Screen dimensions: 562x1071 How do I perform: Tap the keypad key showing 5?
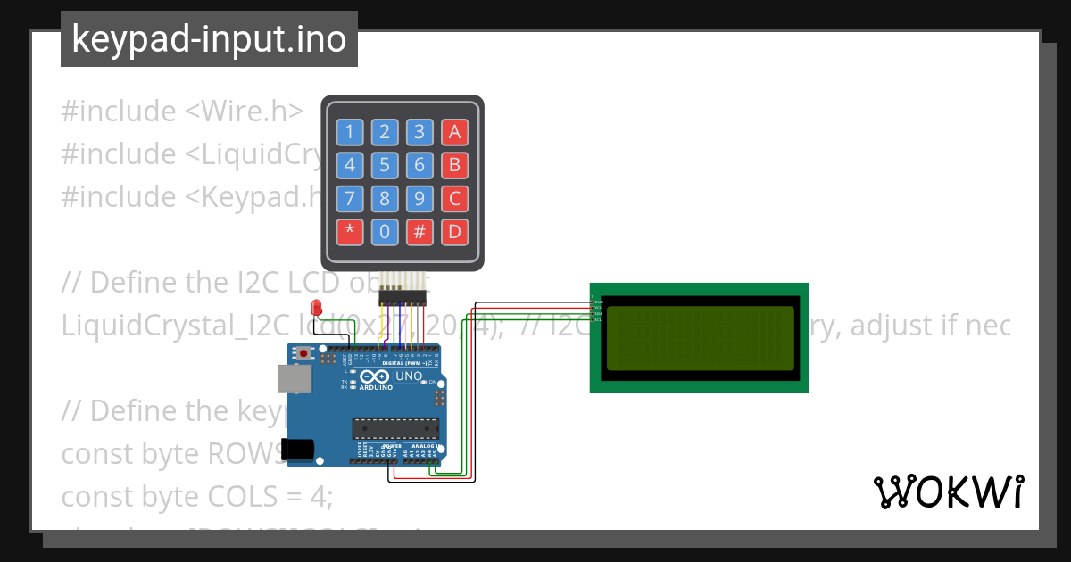384,165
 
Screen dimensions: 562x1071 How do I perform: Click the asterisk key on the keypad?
349,232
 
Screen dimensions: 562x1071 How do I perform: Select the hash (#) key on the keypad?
419,232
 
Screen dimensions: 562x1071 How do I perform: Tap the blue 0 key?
384,232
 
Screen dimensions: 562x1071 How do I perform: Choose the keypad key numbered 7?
349,198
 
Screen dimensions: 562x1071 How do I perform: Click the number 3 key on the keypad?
419,133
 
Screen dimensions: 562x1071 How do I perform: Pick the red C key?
454,198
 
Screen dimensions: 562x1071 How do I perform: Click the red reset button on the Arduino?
304,354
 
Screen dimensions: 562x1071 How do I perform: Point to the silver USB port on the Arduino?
294,378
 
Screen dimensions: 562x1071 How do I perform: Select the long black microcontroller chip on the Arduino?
395,429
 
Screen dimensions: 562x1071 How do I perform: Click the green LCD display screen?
700,337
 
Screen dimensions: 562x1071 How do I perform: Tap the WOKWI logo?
948,492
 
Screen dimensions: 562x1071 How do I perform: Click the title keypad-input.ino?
209,39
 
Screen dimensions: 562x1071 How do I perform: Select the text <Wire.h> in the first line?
244,112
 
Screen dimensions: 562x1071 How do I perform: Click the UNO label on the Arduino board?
408,376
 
